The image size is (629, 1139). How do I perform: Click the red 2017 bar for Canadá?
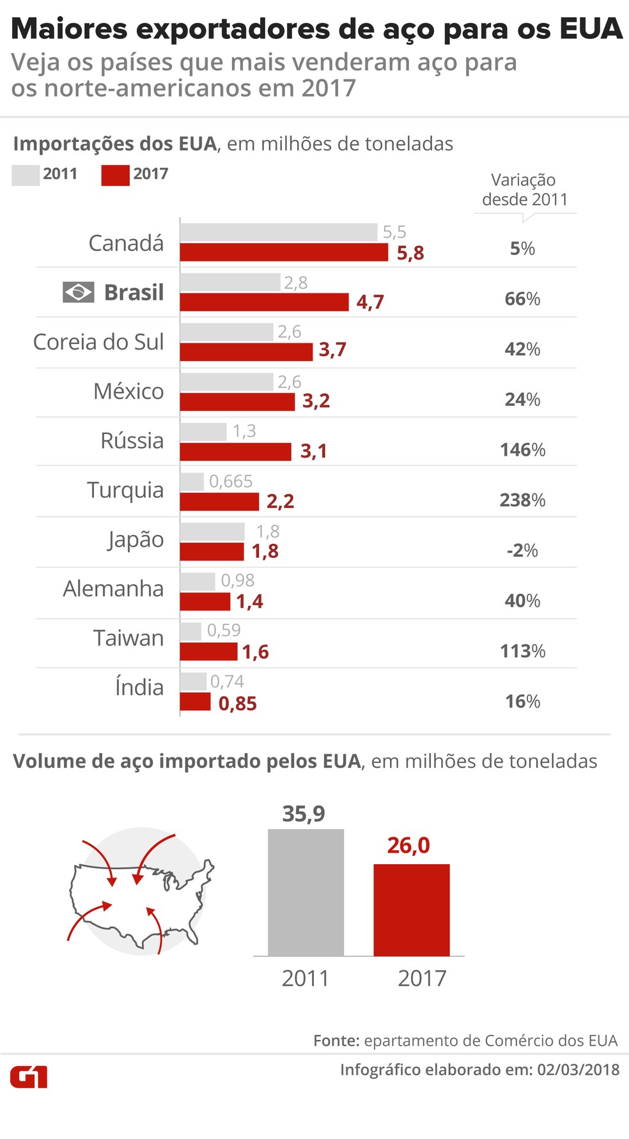[x=284, y=252]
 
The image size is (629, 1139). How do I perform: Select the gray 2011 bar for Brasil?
[x=230, y=283]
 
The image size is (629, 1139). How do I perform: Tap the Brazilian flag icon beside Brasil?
[x=79, y=292]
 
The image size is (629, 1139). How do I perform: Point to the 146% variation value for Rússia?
[x=522, y=450]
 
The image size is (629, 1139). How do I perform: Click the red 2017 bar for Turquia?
[x=219, y=502]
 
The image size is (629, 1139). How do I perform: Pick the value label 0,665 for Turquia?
[x=231, y=481]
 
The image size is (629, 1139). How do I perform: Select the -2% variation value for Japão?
[x=522, y=550]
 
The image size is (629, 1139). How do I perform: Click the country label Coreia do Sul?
[x=98, y=342]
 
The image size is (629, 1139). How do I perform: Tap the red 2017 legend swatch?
[x=115, y=174]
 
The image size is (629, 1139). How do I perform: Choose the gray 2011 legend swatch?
[x=26, y=174]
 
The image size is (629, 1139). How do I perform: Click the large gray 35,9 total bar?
[x=306, y=892]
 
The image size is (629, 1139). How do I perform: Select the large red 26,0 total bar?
[x=412, y=910]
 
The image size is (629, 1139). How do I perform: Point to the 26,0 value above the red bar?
[x=408, y=845]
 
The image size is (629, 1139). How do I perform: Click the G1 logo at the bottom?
[x=29, y=1077]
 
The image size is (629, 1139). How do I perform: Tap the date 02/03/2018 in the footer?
[x=578, y=1070]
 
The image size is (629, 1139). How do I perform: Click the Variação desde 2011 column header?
[x=524, y=190]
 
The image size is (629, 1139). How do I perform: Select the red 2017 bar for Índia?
[x=195, y=702]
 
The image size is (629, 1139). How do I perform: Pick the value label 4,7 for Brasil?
[x=370, y=302]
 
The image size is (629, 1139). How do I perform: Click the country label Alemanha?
[x=113, y=589]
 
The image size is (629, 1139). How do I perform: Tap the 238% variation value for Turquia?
[x=522, y=500]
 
